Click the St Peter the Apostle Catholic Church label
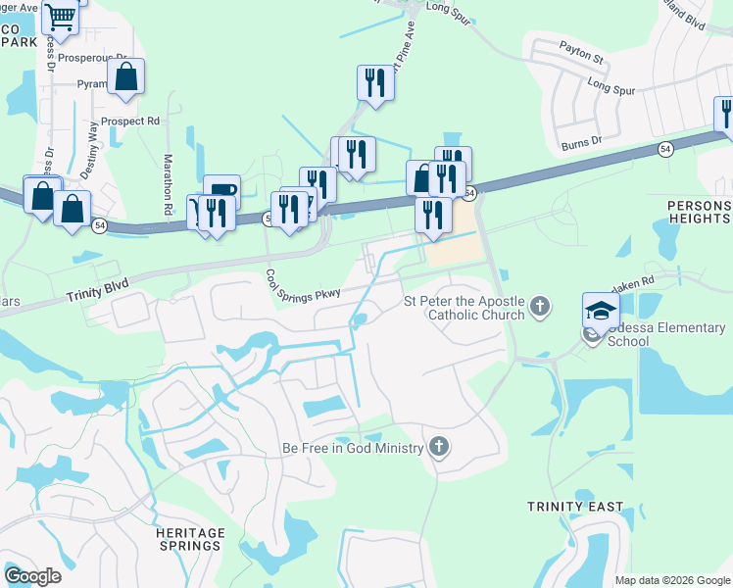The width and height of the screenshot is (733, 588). (465, 309)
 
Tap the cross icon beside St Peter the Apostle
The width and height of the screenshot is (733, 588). (539, 309)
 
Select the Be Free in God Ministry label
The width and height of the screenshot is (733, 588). (353, 448)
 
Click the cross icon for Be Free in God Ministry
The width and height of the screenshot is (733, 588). (438, 448)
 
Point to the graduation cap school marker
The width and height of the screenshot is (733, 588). (600, 313)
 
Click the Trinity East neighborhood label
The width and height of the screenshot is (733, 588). (574, 507)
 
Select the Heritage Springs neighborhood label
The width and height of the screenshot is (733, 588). (189, 539)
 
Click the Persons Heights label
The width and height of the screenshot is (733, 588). (698, 212)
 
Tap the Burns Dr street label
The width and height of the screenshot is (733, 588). (581, 144)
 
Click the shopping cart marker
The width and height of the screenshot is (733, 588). (61, 18)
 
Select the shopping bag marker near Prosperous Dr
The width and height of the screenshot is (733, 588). (126, 77)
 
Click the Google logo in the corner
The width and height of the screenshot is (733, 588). (33, 576)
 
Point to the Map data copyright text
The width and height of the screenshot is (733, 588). (672, 580)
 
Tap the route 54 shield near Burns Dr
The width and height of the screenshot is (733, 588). (665, 149)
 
